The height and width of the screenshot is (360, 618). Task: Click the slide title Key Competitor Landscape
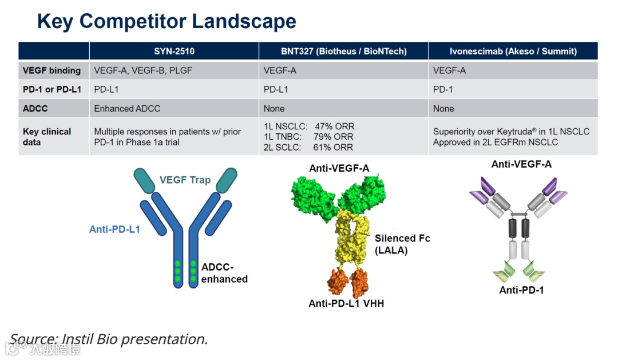(x=167, y=22)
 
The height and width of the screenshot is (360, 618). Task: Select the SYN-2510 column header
(x=174, y=51)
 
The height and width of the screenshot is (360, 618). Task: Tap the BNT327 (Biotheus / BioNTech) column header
(x=343, y=51)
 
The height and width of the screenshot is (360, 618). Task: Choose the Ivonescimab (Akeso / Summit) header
(x=513, y=51)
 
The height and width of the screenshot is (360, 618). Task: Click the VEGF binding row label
(x=51, y=70)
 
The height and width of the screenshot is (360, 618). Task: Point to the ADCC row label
(x=35, y=108)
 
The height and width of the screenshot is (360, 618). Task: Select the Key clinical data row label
(x=47, y=137)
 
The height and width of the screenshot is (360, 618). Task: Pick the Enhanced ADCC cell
(x=127, y=108)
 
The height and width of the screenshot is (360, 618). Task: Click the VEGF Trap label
(x=185, y=180)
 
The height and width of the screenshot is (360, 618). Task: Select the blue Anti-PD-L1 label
(x=114, y=230)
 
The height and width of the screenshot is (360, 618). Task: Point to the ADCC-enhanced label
(x=224, y=274)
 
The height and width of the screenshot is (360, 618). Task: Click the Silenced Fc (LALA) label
(x=402, y=244)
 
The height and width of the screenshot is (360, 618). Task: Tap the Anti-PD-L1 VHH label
(x=346, y=303)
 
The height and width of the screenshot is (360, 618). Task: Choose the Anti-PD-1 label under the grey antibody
(x=521, y=290)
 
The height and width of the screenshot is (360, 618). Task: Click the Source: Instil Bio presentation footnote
(x=109, y=339)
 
